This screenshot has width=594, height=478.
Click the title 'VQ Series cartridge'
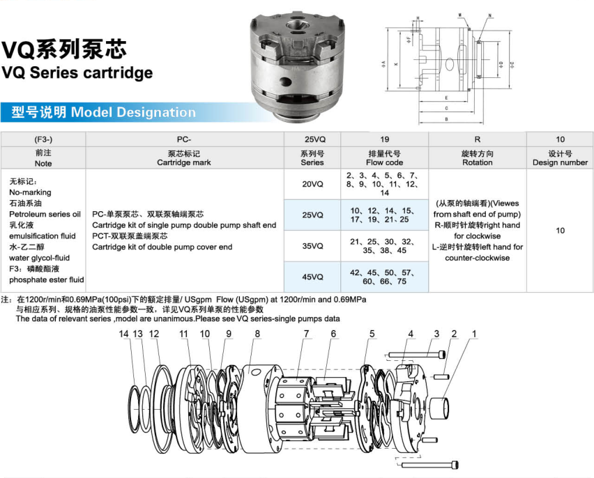(x=77, y=72)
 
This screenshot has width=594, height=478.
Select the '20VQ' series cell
(x=312, y=184)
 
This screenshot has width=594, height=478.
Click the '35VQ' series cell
(x=312, y=246)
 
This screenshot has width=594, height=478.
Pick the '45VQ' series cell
(x=312, y=277)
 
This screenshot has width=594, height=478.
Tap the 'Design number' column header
(x=560, y=157)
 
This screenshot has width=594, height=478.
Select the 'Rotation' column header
(x=477, y=157)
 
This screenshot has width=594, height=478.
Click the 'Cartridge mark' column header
(x=184, y=157)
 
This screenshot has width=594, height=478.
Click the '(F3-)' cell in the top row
(x=43, y=139)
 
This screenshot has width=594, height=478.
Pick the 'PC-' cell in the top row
(x=184, y=139)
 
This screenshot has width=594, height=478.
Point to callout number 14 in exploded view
(x=124, y=334)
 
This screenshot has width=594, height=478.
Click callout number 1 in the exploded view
(x=474, y=334)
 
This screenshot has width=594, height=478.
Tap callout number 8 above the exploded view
(x=257, y=334)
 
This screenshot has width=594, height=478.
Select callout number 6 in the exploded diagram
(x=333, y=334)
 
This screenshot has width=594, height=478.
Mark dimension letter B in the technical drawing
(x=445, y=120)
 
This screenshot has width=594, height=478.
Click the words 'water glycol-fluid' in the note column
(x=39, y=258)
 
